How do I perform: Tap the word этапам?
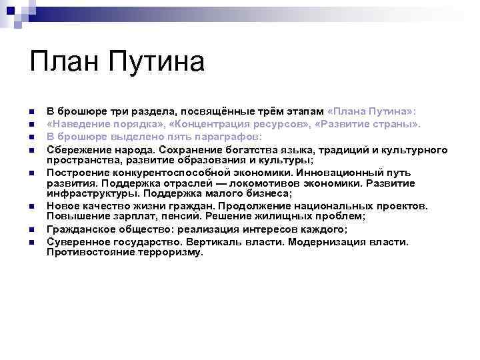click(x=305, y=112)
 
